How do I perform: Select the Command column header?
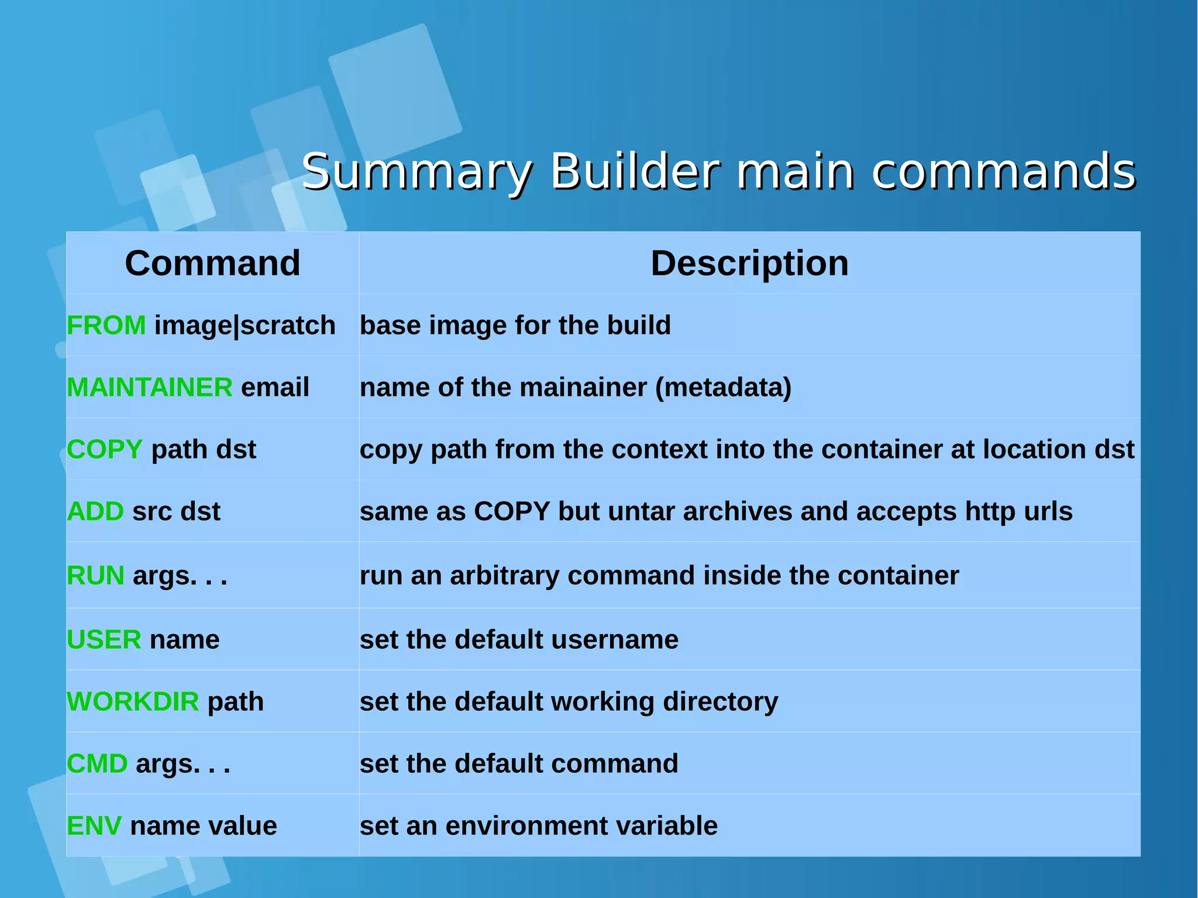point(212,263)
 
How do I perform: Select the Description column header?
point(749,263)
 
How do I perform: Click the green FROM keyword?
point(106,325)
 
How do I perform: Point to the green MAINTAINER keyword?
point(150,387)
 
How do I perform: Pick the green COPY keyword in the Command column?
point(105,449)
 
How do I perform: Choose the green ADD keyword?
point(95,511)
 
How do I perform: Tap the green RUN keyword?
point(95,576)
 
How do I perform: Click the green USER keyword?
point(104,639)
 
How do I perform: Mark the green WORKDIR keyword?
point(133,701)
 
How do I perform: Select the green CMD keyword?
point(97,763)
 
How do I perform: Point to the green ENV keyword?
point(94,825)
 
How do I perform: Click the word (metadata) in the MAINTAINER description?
point(723,387)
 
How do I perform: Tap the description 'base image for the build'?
point(515,325)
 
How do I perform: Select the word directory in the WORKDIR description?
point(720,701)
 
